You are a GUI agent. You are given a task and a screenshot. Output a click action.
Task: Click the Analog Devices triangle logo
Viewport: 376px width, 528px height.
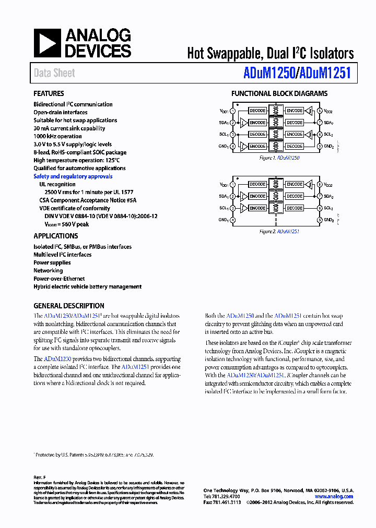(48, 43)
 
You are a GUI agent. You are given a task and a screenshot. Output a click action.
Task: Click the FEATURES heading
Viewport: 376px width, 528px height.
(49, 94)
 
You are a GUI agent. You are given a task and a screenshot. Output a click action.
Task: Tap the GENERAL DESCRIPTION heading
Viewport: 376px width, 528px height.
(68, 306)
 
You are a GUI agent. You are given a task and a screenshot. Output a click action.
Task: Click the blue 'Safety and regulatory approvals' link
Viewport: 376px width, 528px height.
(73, 176)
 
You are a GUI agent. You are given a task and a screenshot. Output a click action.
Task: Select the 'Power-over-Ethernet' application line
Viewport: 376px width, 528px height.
(59, 279)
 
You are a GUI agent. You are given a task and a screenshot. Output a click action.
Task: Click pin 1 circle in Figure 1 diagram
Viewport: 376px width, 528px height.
(232, 111)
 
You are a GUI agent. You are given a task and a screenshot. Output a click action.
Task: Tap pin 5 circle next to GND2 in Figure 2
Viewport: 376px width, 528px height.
(320, 220)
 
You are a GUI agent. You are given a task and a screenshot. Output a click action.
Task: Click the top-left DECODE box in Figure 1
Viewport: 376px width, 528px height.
(257, 111)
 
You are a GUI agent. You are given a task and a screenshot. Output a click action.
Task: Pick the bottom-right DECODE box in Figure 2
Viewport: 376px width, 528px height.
(295, 208)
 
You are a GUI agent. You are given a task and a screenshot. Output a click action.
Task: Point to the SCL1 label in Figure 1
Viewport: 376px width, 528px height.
(223, 135)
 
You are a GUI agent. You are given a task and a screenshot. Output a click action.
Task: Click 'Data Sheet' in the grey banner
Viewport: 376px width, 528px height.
(54, 74)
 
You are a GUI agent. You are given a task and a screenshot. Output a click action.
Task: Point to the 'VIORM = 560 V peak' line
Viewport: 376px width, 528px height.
(66, 224)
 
